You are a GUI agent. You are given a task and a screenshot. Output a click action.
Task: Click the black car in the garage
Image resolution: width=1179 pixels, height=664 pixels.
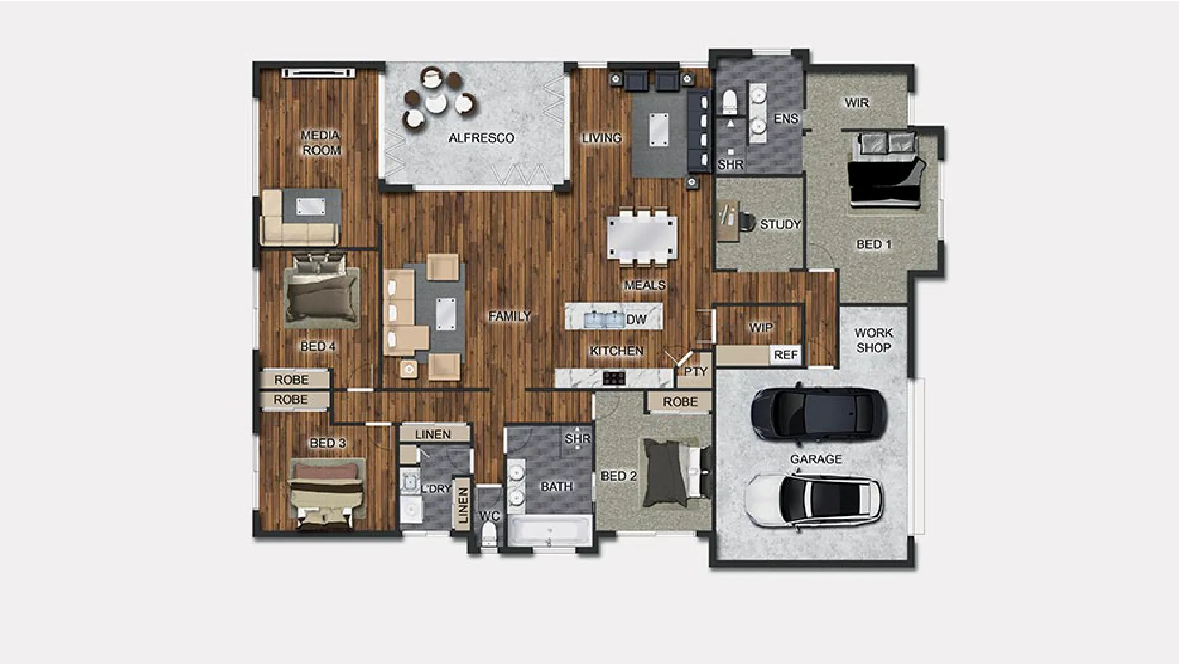point(819,415)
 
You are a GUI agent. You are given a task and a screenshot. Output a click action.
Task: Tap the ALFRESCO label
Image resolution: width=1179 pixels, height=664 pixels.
point(481,138)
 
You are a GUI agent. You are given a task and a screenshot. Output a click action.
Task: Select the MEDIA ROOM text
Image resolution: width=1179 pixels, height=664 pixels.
point(321,143)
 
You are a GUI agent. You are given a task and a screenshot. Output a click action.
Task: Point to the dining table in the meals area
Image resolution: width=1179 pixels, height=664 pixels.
point(643,237)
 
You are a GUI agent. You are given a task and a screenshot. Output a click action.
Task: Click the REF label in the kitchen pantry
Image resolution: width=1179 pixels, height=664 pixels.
point(786,355)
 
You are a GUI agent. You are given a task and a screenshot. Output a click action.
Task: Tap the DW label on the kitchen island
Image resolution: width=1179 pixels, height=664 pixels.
point(636,319)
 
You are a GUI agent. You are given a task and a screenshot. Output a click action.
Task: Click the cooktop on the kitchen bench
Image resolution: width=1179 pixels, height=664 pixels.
point(614,378)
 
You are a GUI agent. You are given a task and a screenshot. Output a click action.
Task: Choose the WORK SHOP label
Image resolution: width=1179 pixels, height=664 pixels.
point(874,340)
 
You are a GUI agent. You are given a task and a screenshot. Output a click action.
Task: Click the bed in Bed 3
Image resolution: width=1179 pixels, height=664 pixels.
point(327,493)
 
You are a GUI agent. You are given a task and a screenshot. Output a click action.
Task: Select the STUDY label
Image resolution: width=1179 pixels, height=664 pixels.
point(780,224)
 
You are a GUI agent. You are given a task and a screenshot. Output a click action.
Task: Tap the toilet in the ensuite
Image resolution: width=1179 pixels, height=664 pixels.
point(730,102)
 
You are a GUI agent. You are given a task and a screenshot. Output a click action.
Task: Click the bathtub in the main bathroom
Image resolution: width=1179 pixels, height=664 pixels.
point(549,531)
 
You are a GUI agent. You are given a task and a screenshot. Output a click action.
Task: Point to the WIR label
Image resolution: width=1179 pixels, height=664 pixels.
point(856,102)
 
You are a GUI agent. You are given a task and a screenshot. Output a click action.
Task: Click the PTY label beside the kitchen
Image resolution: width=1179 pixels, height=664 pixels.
point(696,372)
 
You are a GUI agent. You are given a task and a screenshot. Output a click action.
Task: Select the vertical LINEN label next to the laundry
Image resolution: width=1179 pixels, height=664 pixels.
point(463,505)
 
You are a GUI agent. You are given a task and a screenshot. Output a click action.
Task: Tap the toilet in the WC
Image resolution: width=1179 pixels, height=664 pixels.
point(489,534)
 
